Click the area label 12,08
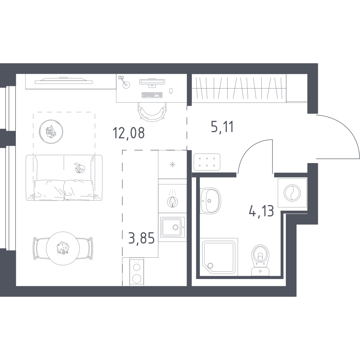coord(129,133)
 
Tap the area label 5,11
coord(222,127)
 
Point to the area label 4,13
coord(261,211)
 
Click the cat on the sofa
coord(79,168)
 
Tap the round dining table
coord(63,248)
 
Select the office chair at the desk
coord(152,111)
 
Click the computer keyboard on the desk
coord(152,95)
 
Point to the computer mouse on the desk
coord(171,91)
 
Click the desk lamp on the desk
coord(124,82)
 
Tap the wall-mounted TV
coord(64,81)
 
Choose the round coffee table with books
coord(51,131)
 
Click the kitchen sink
coord(172,227)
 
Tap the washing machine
coord(292,193)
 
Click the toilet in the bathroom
coord(261,260)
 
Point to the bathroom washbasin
coord(210,201)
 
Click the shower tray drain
coord(210,266)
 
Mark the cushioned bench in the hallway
coord(207,162)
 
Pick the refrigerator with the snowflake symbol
coord(172,165)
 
